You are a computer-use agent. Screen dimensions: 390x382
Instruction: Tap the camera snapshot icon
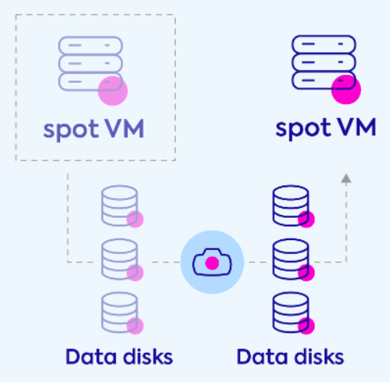pyautogui.click(x=212, y=262)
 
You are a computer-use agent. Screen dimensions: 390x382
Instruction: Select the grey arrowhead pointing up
pyautogui.click(x=346, y=178)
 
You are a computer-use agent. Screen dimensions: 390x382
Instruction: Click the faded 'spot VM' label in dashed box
pyautogui.click(x=94, y=130)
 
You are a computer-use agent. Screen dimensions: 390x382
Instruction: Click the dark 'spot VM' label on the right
pyautogui.click(x=326, y=128)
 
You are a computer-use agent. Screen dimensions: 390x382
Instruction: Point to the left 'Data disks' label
pyautogui.click(x=119, y=357)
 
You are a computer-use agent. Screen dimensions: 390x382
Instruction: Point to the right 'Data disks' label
pyautogui.click(x=290, y=357)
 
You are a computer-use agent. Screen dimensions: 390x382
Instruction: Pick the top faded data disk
pyautogui.click(x=120, y=206)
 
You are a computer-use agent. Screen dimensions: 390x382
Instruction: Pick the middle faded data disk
pyautogui.click(x=120, y=259)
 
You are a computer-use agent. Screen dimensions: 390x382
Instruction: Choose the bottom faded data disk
pyautogui.click(x=120, y=313)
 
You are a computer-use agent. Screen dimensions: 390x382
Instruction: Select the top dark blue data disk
pyautogui.click(x=291, y=206)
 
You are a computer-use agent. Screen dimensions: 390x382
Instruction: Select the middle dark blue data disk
pyautogui.click(x=291, y=259)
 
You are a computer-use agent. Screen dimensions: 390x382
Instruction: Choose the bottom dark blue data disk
pyautogui.click(x=291, y=313)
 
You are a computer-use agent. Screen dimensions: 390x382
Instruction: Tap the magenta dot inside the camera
pyautogui.click(x=212, y=263)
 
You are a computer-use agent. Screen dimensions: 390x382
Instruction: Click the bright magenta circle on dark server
pyautogui.click(x=346, y=90)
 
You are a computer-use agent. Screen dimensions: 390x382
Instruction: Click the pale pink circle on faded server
pyautogui.click(x=113, y=91)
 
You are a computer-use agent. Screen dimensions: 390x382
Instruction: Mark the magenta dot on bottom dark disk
pyautogui.click(x=306, y=326)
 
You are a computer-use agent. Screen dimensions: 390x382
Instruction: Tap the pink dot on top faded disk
pyautogui.click(x=135, y=219)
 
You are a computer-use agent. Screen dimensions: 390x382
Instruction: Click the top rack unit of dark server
pyautogui.click(x=324, y=44)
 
